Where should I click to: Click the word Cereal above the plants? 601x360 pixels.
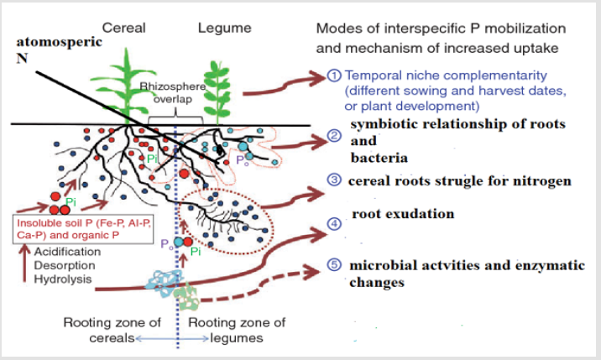[x=123, y=28]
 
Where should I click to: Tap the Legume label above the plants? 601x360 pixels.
[x=225, y=28]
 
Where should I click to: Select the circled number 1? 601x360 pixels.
[x=334, y=76]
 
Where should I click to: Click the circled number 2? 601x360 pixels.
[x=334, y=135]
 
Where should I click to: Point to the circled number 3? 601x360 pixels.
[x=334, y=180]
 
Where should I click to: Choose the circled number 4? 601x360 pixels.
[x=334, y=223]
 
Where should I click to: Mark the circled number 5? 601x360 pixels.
[x=334, y=264]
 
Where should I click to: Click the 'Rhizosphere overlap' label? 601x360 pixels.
[x=172, y=93]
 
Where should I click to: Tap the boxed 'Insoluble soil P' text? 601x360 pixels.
[x=84, y=229]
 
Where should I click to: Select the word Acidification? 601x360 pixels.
[x=67, y=252]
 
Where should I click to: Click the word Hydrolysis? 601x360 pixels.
[x=63, y=279]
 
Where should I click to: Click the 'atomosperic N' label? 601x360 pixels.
[x=59, y=50]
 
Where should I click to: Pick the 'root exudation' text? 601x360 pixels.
[x=403, y=213]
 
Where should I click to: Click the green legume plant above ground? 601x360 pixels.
[x=217, y=92]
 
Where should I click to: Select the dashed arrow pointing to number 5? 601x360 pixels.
[x=260, y=285]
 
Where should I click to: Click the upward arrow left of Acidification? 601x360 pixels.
[x=25, y=263]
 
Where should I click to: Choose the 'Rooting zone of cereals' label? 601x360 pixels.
[x=112, y=330]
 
